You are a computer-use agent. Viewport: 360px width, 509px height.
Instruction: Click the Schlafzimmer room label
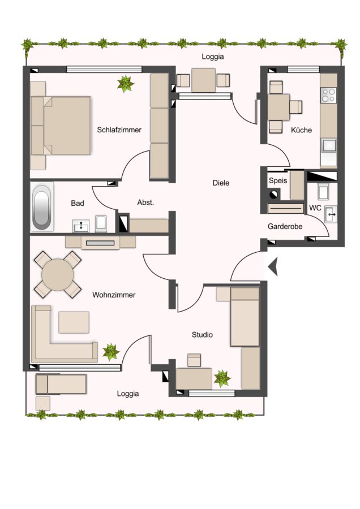pos(119,130)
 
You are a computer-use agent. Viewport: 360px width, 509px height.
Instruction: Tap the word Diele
pos(221,183)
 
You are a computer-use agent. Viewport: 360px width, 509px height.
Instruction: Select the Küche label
pos(301,130)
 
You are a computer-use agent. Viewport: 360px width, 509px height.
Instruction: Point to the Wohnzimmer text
pos(114,295)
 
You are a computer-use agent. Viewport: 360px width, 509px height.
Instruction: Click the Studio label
pos(202,335)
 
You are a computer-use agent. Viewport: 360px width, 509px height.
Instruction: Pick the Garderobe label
pos(285,226)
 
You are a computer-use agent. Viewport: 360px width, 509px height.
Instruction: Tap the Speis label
pos(278,180)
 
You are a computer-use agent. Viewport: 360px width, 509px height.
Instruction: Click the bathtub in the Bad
pos(42,207)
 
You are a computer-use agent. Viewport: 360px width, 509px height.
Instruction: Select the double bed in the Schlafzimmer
pos(61,126)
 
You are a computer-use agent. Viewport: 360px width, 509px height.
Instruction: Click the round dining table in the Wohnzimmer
pos(58,275)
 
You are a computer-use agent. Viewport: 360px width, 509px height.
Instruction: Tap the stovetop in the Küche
pos(328,95)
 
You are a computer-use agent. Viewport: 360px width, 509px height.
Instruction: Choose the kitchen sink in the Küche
pos(328,145)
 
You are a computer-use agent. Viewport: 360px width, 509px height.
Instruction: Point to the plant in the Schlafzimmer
pos(125,84)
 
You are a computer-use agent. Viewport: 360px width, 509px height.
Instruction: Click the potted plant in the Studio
pos(222,378)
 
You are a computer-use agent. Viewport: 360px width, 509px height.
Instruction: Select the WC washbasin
pos(331,214)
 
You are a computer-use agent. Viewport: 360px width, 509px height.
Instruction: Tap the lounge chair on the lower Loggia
pos(61,384)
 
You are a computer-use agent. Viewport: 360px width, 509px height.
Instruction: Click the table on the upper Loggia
pos(203,80)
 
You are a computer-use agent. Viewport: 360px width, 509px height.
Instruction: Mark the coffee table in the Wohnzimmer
pos(74,322)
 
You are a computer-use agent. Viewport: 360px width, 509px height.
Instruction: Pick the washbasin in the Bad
pos(81,226)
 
